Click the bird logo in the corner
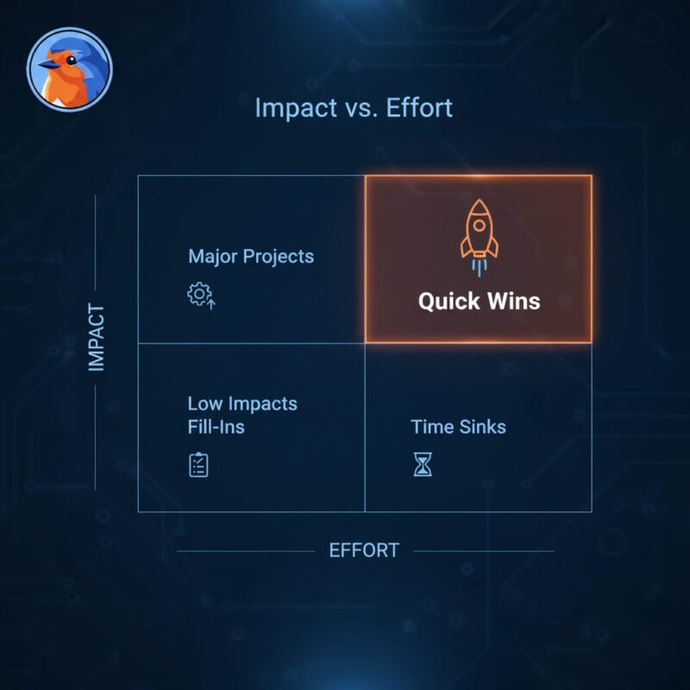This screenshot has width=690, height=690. click(70, 68)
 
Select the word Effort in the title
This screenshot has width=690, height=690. click(421, 109)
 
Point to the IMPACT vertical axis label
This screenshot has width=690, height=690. click(97, 337)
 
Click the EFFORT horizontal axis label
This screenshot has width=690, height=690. click(364, 550)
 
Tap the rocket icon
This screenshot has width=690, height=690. click(478, 234)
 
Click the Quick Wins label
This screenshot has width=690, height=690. click(479, 301)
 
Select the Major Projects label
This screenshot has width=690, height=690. click(251, 256)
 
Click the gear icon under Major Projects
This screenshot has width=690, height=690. click(200, 295)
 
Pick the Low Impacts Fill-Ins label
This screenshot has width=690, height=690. click(242, 414)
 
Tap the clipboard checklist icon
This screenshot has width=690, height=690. click(199, 465)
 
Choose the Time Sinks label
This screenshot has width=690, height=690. click(458, 426)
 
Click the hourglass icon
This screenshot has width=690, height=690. click(422, 466)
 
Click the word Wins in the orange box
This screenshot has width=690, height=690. click(512, 301)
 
